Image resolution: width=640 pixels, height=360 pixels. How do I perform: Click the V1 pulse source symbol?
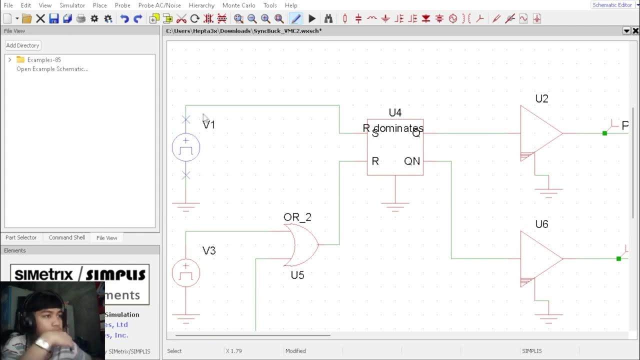coord(186,147)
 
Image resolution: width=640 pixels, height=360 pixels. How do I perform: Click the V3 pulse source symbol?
coord(186,273)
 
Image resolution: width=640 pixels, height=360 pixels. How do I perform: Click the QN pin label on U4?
coord(412,161)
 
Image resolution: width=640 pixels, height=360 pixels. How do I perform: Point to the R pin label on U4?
coord(375,161)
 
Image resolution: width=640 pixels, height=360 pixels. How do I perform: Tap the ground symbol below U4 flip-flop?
coord(395,205)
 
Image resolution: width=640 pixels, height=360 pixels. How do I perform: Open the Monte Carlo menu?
coord(238,5)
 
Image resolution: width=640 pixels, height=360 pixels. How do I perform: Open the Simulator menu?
coord(72,5)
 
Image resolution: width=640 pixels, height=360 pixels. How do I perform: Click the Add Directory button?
coord(22,45)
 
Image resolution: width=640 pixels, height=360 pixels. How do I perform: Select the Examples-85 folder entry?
coord(44,60)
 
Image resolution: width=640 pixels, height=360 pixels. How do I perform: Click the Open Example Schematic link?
coord(52,69)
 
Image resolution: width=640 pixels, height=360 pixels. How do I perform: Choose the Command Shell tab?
coord(66,237)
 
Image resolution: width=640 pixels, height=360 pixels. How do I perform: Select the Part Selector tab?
coord(21,237)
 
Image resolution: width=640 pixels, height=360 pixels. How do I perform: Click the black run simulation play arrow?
coord(312,19)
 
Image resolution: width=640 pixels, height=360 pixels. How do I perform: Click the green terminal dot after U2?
coord(604,133)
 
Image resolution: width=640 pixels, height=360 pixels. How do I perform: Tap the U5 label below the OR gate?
coord(297,275)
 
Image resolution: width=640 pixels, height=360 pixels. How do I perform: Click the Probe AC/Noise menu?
coord(159,5)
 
